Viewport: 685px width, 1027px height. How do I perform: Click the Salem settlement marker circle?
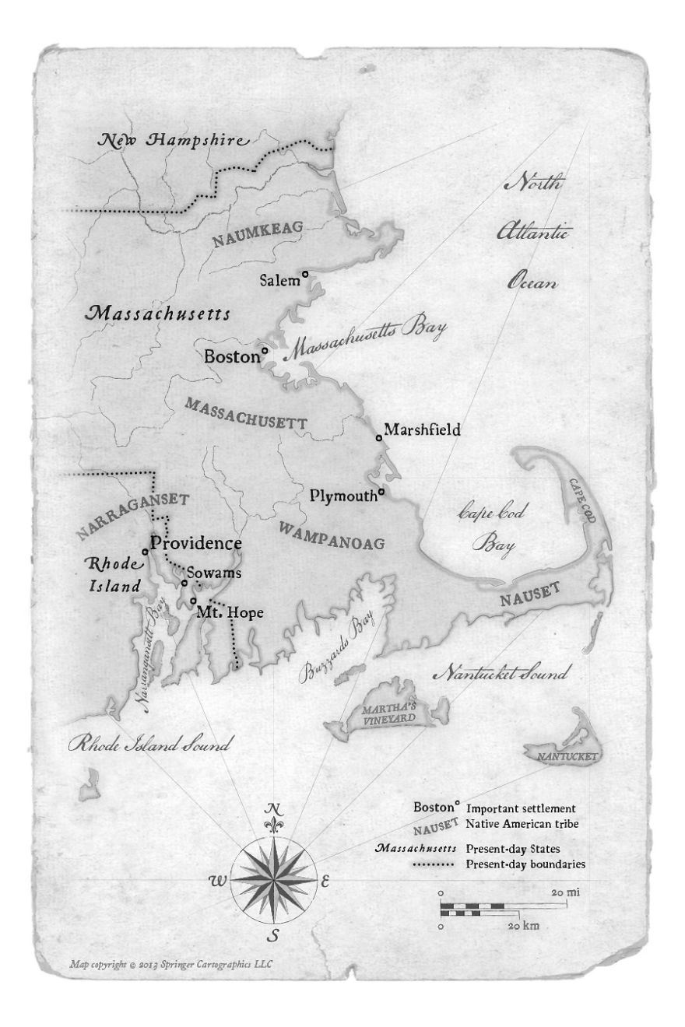tap(305, 273)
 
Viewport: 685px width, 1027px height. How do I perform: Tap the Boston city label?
tap(230, 357)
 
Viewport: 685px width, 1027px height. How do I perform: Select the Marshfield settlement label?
tap(423, 429)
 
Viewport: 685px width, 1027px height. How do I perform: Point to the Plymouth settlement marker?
tap(382, 492)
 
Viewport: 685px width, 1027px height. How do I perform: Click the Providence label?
tap(195, 543)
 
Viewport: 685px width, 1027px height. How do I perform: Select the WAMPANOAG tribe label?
tap(331, 535)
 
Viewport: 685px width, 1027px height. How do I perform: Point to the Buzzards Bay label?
tap(336, 647)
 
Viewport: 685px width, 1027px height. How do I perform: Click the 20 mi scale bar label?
tap(566, 892)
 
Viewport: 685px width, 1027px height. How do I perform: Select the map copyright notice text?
tap(170, 964)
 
